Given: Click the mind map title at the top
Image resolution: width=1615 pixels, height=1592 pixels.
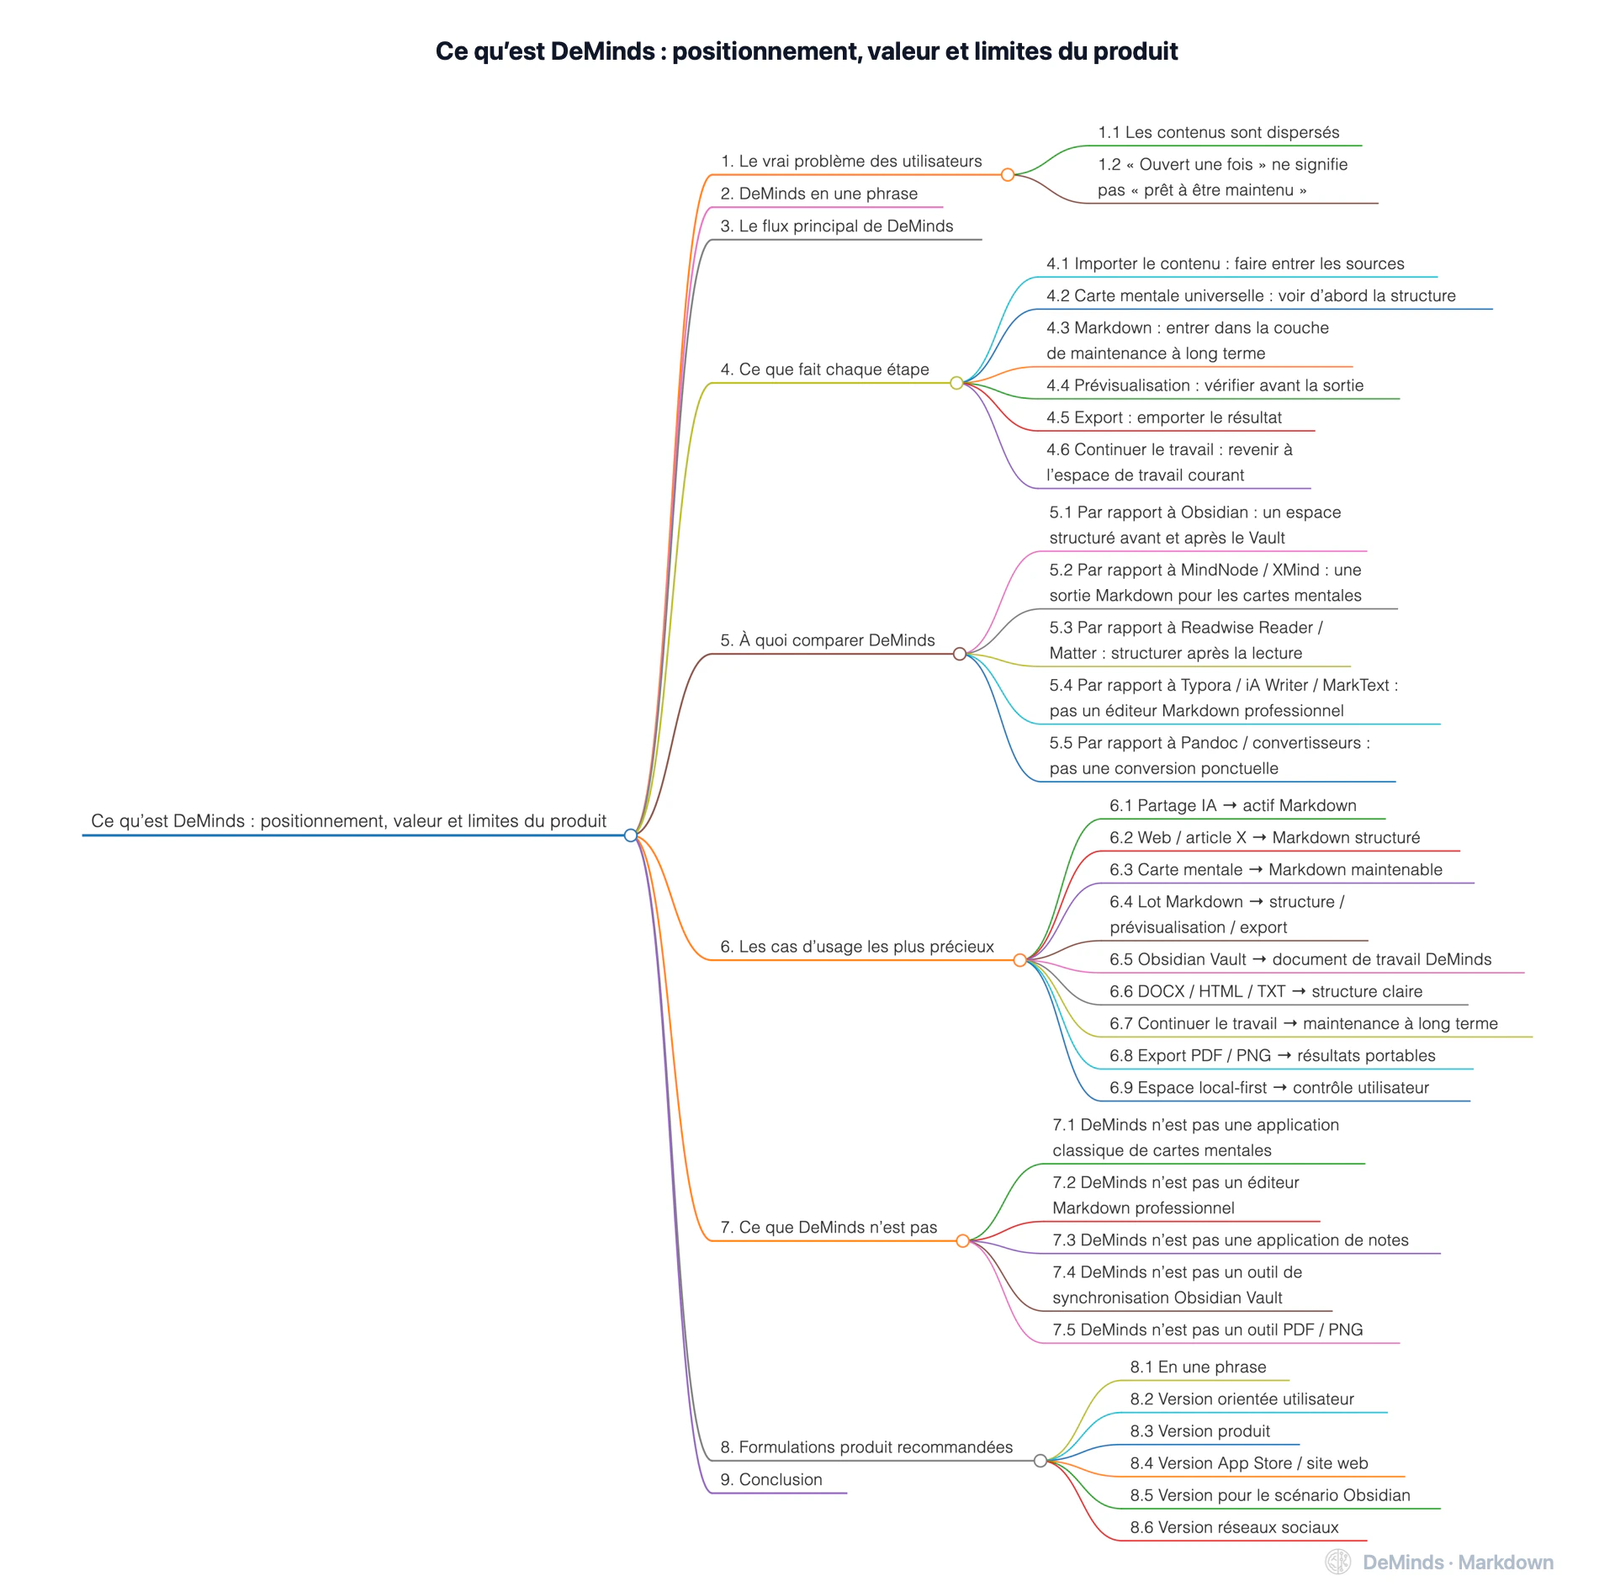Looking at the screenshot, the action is pos(807,51).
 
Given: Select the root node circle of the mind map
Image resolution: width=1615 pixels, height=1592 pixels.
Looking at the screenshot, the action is pos(631,835).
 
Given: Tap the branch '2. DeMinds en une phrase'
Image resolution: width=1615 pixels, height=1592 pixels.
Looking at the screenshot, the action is pos(818,194).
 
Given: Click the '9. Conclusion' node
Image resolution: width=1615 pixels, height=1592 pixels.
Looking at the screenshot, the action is pos(771,1479).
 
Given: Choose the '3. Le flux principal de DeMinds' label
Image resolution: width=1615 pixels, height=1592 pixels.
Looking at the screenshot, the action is pos(837,226).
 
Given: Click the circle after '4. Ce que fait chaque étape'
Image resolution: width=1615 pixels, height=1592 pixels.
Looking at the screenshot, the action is pos(956,383).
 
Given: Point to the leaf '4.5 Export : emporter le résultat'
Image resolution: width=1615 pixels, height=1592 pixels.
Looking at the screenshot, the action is pos(1164,417).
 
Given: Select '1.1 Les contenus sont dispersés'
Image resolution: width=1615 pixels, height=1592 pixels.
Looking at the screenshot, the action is pos(1219,132).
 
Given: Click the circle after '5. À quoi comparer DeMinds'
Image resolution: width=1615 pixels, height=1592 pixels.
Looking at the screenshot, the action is pos(960,654).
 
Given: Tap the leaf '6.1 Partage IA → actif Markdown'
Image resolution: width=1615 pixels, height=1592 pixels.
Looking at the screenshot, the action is pos(1233,805).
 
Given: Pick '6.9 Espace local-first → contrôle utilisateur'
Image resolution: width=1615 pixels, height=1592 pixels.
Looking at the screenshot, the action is pos(1269,1087).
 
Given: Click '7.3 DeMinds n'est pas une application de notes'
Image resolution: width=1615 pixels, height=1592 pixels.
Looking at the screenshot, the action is pos(1231,1239).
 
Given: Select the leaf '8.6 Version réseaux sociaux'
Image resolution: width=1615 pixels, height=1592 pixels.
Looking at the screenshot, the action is pos(1234,1527).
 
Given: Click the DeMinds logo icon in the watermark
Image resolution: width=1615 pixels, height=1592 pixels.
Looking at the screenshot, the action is pos(1338,1562).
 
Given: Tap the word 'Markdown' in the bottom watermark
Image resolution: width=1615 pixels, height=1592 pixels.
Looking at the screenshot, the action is pos(1506,1563).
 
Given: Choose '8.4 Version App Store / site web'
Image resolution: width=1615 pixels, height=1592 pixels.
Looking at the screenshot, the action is pos(1249,1463).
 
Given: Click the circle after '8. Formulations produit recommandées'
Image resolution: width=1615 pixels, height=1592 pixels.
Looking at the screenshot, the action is pos(1040,1461).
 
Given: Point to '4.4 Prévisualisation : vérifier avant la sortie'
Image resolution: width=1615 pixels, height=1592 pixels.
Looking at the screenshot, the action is pos(1205,385).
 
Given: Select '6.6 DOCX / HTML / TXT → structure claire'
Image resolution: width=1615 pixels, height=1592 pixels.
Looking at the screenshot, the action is pos(1266,991).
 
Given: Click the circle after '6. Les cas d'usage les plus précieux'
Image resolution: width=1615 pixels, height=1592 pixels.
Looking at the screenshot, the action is pos(1020,960).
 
